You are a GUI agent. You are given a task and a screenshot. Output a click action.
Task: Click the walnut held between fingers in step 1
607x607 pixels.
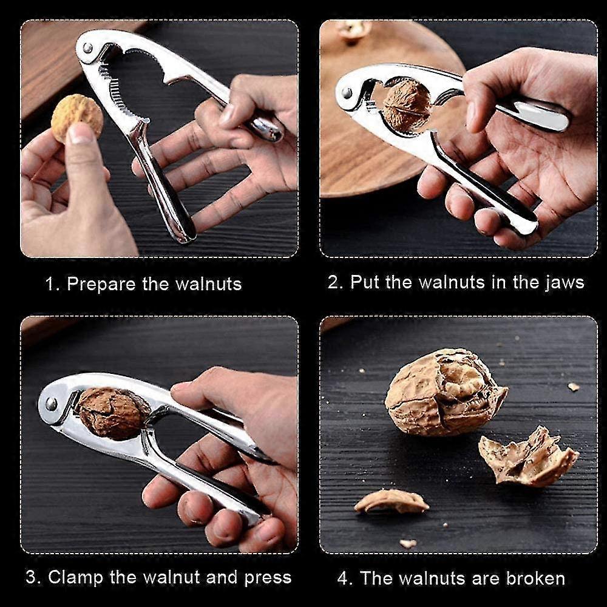(x=77, y=117)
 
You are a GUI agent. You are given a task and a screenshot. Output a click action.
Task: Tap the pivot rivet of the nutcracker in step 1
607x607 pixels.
(x=87, y=48)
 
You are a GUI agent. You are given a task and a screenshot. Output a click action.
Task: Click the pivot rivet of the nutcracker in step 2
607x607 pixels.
(x=347, y=92)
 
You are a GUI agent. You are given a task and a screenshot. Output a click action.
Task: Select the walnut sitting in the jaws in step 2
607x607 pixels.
(x=407, y=105)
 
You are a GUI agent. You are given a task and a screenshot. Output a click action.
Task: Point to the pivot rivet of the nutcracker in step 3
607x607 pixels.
(x=51, y=404)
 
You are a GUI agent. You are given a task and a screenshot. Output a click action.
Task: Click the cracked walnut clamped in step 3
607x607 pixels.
(x=110, y=413)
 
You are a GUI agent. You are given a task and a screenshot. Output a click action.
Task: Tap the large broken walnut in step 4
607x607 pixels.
(x=445, y=392)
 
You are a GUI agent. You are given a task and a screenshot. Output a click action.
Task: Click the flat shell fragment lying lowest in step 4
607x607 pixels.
(x=392, y=501)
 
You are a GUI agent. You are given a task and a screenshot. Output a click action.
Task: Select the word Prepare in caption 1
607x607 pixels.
(x=101, y=285)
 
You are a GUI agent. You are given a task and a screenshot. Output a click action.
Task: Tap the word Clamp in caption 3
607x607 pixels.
(x=75, y=577)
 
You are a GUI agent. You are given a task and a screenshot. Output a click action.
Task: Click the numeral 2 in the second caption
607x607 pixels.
(x=333, y=282)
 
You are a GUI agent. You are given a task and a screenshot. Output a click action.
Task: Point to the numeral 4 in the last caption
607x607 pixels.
(x=342, y=578)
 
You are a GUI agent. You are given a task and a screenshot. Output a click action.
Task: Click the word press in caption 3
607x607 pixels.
(x=268, y=578)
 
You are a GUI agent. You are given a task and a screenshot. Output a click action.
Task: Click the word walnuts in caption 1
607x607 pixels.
(x=208, y=283)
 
